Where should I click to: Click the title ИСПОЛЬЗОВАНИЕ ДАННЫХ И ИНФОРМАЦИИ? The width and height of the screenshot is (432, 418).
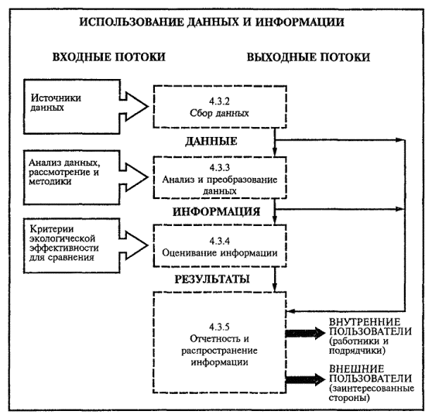(x=211, y=22)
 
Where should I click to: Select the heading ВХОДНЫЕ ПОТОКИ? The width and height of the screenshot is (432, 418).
(x=109, y=57)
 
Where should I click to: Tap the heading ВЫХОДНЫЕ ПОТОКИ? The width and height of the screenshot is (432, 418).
(x=308, y=57)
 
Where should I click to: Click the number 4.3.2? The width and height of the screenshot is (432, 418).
(x=219, y=101)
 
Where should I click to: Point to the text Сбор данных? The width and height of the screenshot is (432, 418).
(x=219, y=113)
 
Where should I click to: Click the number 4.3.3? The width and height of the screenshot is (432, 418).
(x=220, y=167)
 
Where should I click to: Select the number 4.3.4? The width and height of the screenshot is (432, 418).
(x=220, y=241)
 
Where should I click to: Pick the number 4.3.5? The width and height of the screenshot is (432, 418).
(x=219, y=327)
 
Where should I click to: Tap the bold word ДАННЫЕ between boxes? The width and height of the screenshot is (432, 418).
(x=211, y=142)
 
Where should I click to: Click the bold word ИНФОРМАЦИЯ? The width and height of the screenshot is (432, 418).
(x=216, y=212)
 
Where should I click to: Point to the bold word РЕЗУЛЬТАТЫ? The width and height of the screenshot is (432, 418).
(x=212, y=279)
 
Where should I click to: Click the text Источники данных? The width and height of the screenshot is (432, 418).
(x=56, y=102)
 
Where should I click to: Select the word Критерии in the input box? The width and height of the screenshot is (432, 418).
(x=52, y=228)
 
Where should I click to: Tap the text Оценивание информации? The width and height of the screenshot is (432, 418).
(x=220, y=253)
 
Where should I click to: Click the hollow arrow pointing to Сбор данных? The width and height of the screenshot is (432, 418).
(x=134, y=107)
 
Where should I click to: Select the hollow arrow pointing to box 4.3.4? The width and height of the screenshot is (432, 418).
(x=134, y=245)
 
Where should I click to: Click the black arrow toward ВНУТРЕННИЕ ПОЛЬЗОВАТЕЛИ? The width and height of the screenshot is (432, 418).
(x=305, y=334)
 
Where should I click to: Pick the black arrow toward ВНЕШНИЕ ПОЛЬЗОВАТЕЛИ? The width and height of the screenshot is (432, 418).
(x=305, y=380)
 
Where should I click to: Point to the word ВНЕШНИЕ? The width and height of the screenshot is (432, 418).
(x=356, y=369)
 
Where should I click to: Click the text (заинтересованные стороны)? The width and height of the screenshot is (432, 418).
(x=372, y=393)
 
